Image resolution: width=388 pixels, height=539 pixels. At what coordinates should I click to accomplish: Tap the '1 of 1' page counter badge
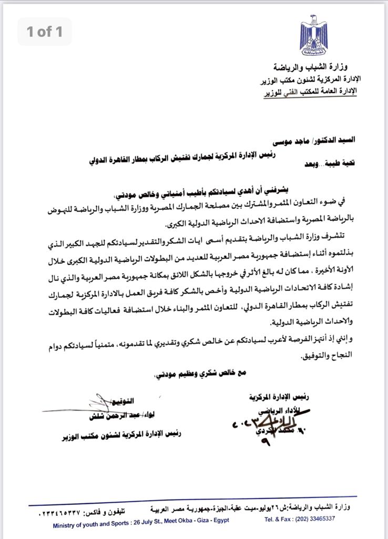coord(44,32)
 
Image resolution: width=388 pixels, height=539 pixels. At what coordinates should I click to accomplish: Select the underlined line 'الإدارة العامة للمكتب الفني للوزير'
coord(309,91)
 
